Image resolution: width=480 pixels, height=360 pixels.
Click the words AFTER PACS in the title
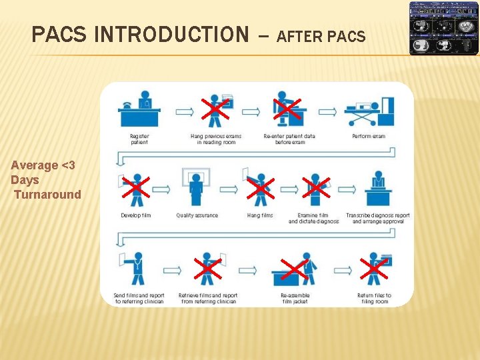click(x=321, y=37)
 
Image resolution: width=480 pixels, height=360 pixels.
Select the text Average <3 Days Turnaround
click(x=45, y=180)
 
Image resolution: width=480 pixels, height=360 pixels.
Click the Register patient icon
click(x=139, y=111)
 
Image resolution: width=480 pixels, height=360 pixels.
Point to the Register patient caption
click(x=139, y=139)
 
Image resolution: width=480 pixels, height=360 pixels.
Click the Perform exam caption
click(x=369, y=137)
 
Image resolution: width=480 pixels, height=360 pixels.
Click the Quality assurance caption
click(x=197, y=215)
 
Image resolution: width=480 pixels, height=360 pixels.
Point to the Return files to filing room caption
click(x=374, y=299)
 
